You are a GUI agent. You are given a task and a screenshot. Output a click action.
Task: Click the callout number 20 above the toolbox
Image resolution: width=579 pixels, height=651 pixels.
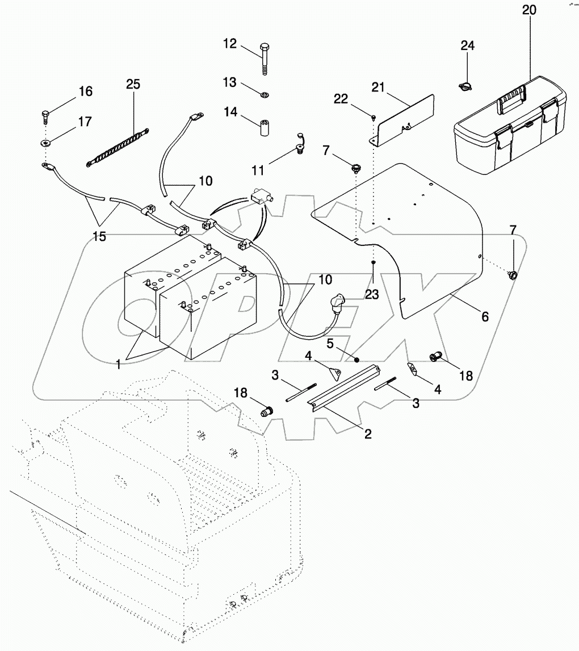(528, 10)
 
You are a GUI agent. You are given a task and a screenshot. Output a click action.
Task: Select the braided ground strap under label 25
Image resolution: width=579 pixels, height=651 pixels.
(118, 148)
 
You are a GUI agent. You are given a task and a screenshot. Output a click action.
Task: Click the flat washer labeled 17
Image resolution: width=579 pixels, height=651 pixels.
(45, 141)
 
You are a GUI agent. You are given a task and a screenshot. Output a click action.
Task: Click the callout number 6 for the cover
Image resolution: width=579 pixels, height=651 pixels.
(484, 316)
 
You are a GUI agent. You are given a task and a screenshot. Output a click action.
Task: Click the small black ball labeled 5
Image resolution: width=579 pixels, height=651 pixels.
(356, 358)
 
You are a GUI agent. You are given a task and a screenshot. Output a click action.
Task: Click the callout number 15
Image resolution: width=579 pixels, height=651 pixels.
(99, 236)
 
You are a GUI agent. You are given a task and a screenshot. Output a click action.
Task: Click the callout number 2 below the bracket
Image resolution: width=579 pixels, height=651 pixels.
(368, 434)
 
